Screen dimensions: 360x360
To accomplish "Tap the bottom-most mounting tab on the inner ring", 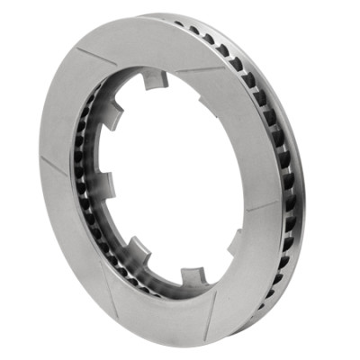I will coord(191,274).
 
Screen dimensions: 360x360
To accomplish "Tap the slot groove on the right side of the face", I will coord(262,203).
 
